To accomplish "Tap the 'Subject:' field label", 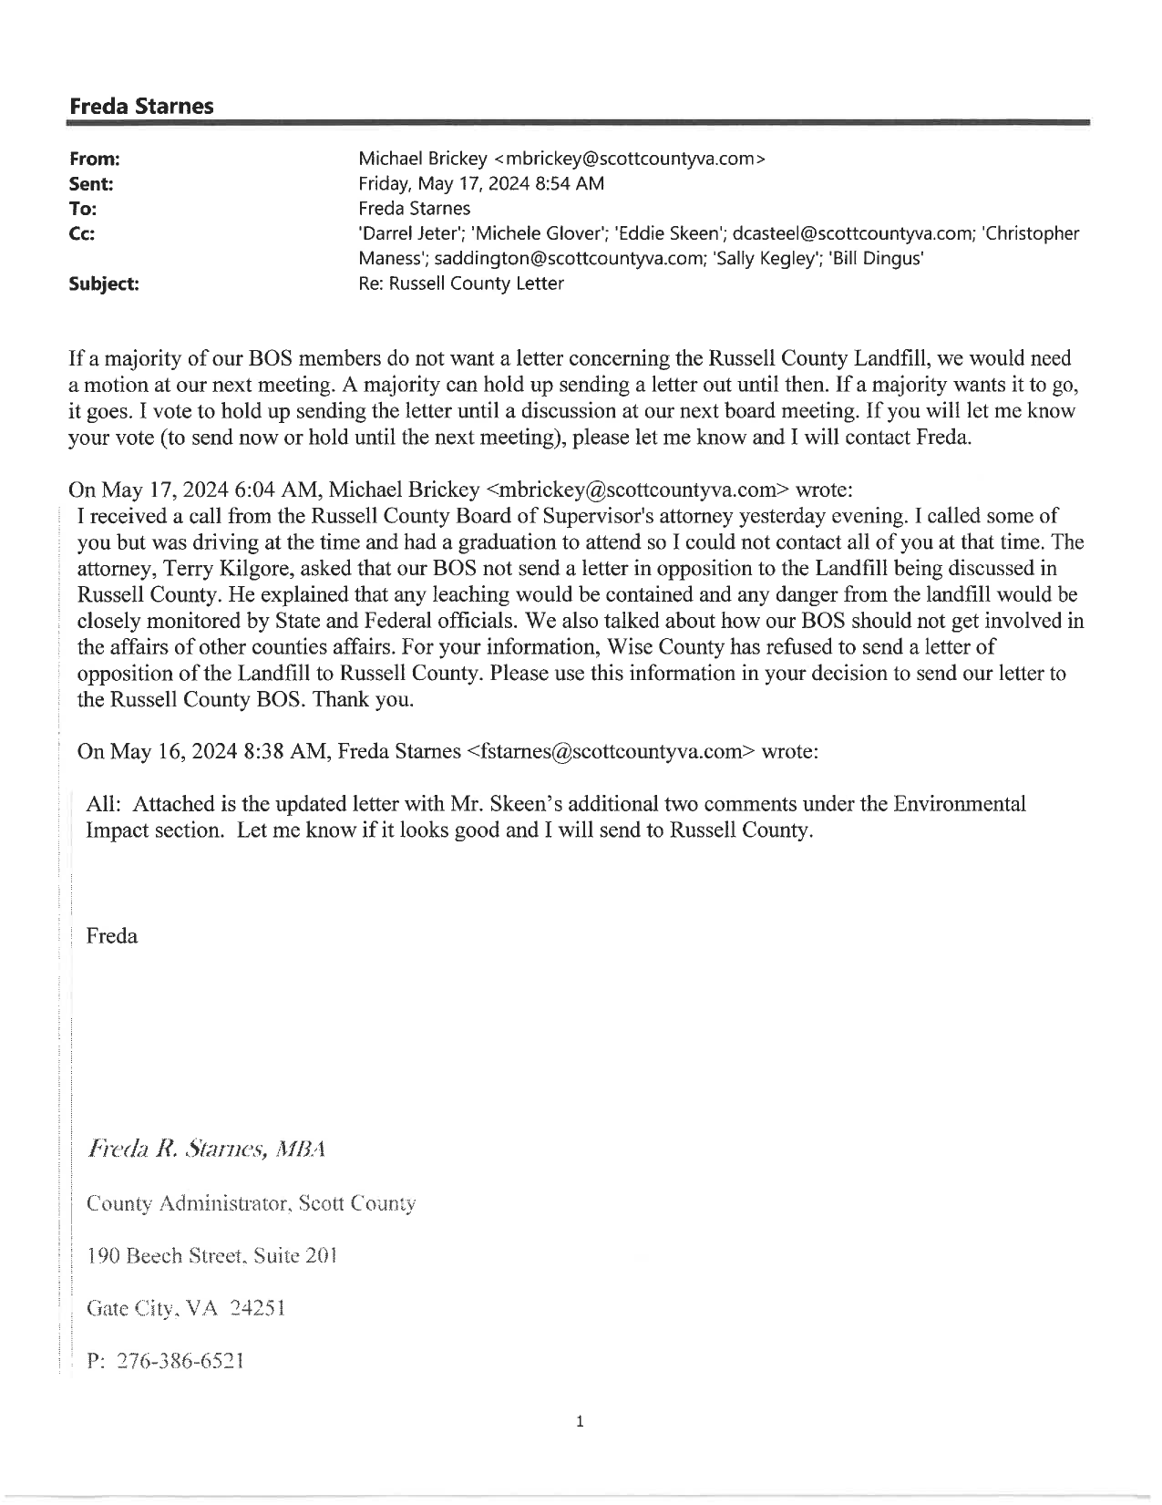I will click(x=104, y=283).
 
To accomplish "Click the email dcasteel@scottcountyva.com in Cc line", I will click(x=852, y=234).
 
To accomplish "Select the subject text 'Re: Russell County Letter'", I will click(x=461, y=283).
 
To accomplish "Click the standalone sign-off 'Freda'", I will click(x=111, y=936).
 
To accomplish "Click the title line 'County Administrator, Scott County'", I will click(x=251, y=1203).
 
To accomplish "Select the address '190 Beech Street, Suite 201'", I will click(x=211, y=1256).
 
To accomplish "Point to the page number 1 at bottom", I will click(x=580, y=1421).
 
